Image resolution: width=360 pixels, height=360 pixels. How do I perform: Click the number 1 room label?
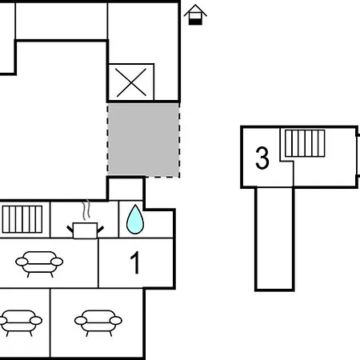click(136, 262)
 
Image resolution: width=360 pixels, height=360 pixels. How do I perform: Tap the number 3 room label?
click(262, 158)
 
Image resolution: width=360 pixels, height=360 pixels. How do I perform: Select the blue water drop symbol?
click(135, 220)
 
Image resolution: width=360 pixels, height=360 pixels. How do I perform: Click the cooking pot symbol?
click(85, 230)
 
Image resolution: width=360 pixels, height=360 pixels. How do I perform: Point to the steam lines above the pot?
click(86, 210)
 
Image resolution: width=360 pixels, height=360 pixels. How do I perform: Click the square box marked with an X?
click(131, 82)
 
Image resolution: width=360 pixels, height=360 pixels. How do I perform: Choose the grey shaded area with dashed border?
click(143, 140)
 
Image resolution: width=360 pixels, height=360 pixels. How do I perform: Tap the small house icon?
click(195, 14)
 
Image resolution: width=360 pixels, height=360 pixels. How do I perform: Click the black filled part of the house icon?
click(195, 22)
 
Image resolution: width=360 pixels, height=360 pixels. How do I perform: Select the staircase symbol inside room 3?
click(305, 143)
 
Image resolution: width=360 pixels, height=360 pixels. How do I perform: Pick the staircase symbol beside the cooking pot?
click(22, 219)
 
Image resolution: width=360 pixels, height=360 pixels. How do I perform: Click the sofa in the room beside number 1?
click(39, 264)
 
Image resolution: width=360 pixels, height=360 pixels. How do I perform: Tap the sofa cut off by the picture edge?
click(20, 323)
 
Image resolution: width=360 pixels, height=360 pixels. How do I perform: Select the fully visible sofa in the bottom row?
click(98, 323)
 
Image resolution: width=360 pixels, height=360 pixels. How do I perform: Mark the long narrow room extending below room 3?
click(274, 238)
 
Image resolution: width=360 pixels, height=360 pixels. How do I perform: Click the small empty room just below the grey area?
click(126, 190)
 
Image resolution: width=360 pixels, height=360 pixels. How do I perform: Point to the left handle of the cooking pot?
click(70, 229)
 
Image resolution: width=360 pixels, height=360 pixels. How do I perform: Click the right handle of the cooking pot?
click(100, 229)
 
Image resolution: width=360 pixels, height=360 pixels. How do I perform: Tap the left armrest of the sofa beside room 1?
click(22, 262)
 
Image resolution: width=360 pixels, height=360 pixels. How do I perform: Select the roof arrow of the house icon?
click(195, 10)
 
